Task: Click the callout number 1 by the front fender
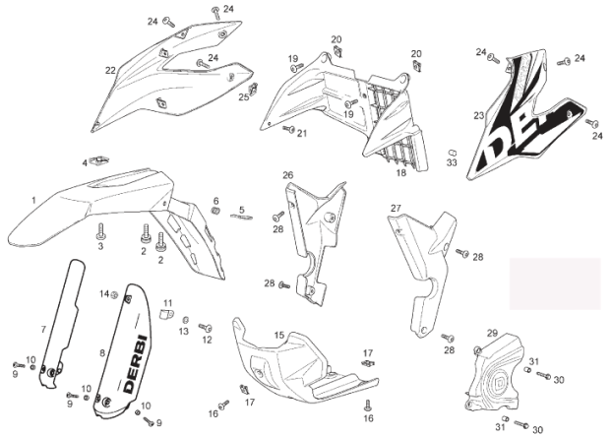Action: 32,200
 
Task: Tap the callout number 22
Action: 110,70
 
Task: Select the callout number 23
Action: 478,116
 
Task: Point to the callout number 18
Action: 400,173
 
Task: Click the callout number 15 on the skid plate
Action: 278,336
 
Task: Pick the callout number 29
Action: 492,333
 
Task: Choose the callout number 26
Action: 287,175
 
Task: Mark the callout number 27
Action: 396,208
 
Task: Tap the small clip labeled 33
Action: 452,150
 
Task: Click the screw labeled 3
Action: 100,233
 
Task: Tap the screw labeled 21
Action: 288,128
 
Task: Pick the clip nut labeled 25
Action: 253,88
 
